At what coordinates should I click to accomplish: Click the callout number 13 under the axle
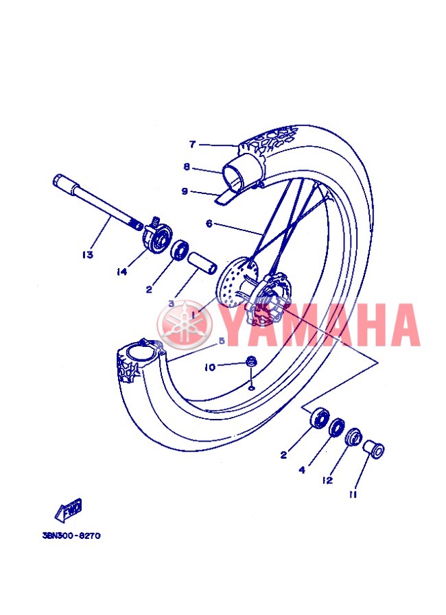click(88, 254)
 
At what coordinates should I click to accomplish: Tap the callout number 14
click(122, 272)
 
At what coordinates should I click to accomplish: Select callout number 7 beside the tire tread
click(192, 145)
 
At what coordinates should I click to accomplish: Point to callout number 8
click(187, 167)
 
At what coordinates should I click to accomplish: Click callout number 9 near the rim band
click(185, 191)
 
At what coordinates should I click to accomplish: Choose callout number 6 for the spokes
click(209, 224)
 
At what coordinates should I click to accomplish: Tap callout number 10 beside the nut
click(211, 367)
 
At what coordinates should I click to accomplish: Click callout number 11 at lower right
click(353, 494)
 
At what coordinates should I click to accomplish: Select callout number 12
click(327, 481)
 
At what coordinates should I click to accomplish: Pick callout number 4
click(302, 470)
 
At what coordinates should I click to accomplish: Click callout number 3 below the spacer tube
click(171, 304)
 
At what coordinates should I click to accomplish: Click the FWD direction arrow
click(69, 511)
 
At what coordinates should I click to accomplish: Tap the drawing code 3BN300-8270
click(71, 535)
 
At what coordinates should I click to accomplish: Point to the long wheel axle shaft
click(97, 203)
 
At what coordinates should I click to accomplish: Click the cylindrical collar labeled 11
click(373, 449)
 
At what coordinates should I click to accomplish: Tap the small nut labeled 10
click(250, 361)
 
